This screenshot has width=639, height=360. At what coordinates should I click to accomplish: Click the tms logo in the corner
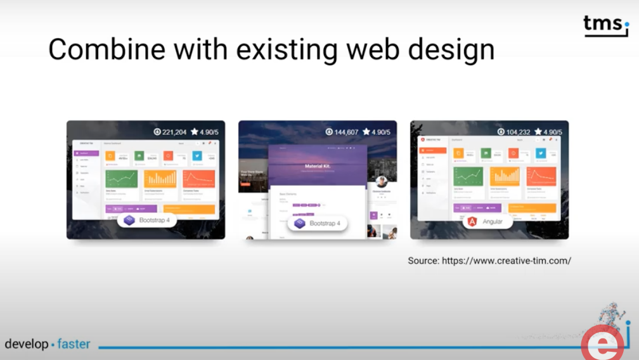605,25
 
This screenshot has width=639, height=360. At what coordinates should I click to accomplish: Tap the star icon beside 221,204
194,131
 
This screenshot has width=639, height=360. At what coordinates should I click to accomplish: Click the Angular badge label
493,222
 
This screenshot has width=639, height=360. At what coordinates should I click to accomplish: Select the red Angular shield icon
473,222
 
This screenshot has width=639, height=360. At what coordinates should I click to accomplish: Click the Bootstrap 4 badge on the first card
146,220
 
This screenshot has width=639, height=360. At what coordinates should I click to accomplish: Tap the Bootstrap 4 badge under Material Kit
317,223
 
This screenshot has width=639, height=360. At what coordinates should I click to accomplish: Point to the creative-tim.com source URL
507,260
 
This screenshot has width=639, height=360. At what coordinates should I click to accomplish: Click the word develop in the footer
27,344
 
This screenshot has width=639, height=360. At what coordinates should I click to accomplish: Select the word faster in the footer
74,344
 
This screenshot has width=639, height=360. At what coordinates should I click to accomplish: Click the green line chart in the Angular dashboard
468,176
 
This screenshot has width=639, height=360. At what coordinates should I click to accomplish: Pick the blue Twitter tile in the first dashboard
197,155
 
